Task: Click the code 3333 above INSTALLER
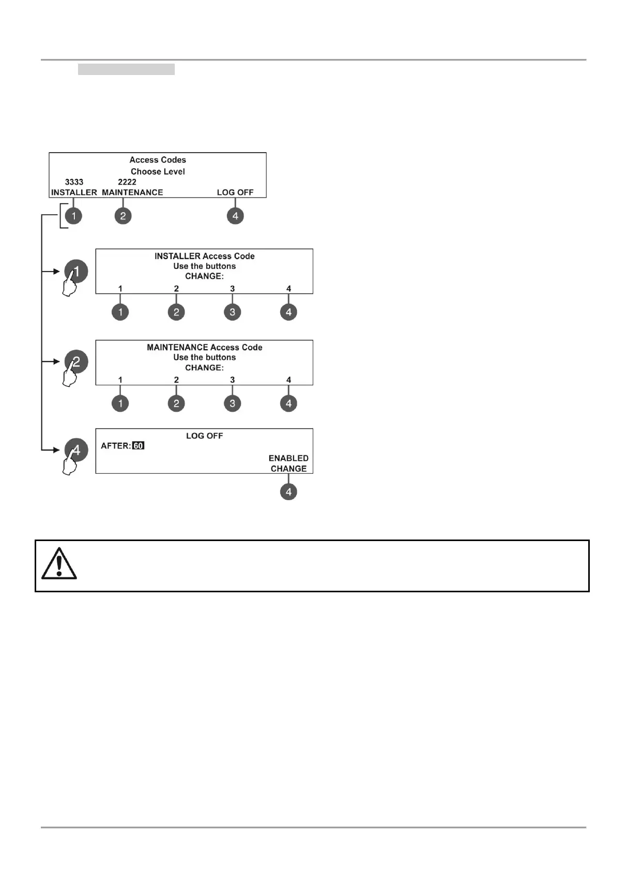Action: (x=74, y=182)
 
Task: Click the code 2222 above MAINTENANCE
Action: (x=127, y=182)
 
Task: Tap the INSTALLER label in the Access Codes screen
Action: (x=74, y=192)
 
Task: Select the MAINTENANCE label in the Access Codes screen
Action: (x=132, y=192)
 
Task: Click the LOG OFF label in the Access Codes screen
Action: (x=235, y=192)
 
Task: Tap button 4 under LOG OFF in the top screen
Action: (x=235, y=216)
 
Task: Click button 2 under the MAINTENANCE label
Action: (x=123, y=216)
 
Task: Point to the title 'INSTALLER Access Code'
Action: (x=204, y=256)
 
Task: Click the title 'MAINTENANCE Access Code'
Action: (x=204, y=348)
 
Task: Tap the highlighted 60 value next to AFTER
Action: (x=138, y=446)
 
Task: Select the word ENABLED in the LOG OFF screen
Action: (x=288, y=458)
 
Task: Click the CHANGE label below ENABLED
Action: (x=288, y=469)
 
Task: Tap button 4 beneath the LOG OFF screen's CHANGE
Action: (x=288, y=492)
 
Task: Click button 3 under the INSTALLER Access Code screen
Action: (x=233, y=312)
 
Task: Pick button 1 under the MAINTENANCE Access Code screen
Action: (x=120, y=403)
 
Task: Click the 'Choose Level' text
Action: (x=158, y=172)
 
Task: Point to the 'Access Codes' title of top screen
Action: (x=158, y=160)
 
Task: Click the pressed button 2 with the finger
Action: (x=76, y=362)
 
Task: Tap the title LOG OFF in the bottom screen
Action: (x=204, y=436)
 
